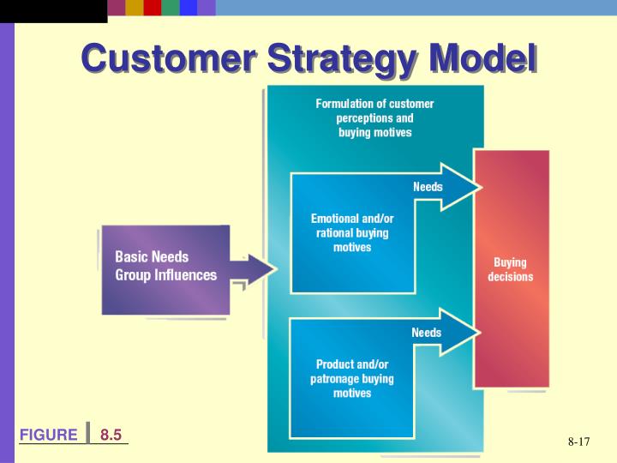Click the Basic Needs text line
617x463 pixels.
(x=153, y=257)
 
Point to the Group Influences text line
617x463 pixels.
(x=166, y=275)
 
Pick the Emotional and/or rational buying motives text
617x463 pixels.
(x=352, y=232)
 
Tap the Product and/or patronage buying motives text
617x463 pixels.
(x=352, y=378)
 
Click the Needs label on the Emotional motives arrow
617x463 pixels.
(x=428, y=187)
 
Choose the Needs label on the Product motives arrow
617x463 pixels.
(x=427, y=333)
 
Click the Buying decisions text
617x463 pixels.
(x=511, y=269)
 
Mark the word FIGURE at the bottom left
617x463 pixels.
(x=49, y=435)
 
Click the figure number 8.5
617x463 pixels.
(x=111, y=435)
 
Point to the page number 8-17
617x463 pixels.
(x=579, y=442)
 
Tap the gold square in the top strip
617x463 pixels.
(x=135, y=8)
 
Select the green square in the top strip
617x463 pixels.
(x=171, y=8)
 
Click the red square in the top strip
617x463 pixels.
(x=153, y=8)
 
